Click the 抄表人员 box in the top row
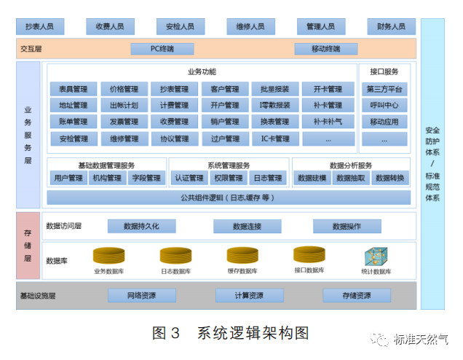pos(39,27)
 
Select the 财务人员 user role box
pos(391,27)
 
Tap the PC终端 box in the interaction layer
pos(162,49)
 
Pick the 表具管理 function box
pos(73,90)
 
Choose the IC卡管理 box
pos(275,138)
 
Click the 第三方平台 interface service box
pos(384,90)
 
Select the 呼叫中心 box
pos(384,106)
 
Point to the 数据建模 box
pos(312,178)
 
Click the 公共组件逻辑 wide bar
pos(228,197)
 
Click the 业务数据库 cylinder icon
pos(108,256)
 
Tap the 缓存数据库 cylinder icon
pos(242,256)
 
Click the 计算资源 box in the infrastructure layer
pos(249,295)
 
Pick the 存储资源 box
pos(357,295)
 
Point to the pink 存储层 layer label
pos(28,246)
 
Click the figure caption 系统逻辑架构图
pos(253,333)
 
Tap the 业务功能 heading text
pos(201,72)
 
